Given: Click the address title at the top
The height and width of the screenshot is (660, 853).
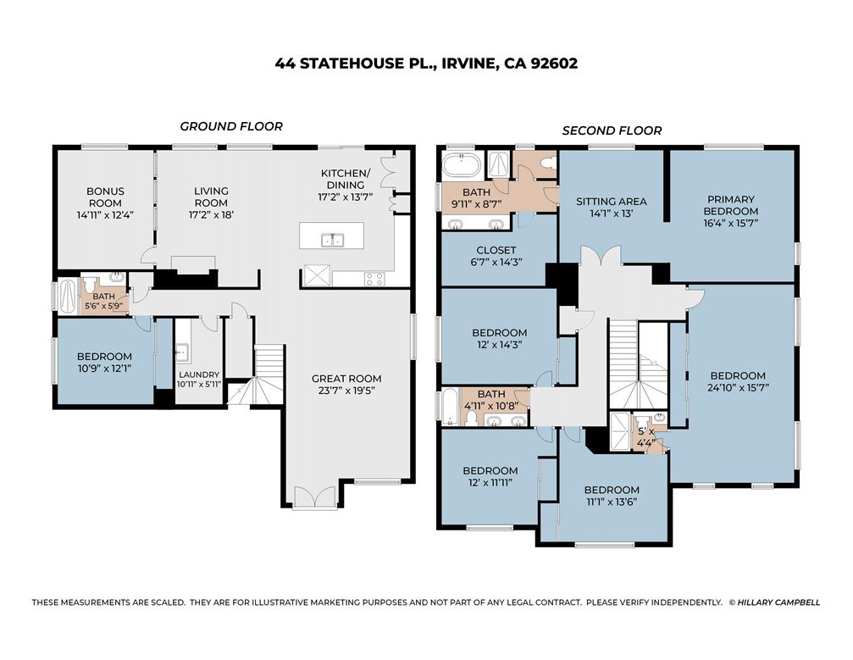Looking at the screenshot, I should (426, 63).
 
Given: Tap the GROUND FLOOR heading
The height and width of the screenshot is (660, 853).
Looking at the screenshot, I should (230, 126).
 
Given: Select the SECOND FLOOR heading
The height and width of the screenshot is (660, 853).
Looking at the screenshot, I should (612, 130).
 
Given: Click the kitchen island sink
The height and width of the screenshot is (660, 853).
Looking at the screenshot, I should (332, 240).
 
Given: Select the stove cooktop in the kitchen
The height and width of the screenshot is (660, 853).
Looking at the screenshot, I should (374, 277).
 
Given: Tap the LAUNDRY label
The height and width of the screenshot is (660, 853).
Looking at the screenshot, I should (199, 379).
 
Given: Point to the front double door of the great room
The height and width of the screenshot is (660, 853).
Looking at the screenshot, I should (315, 497).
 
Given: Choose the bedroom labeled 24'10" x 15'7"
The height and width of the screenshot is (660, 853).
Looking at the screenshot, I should (737, 381).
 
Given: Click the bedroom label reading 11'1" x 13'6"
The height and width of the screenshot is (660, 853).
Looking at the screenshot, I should (612, 496).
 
